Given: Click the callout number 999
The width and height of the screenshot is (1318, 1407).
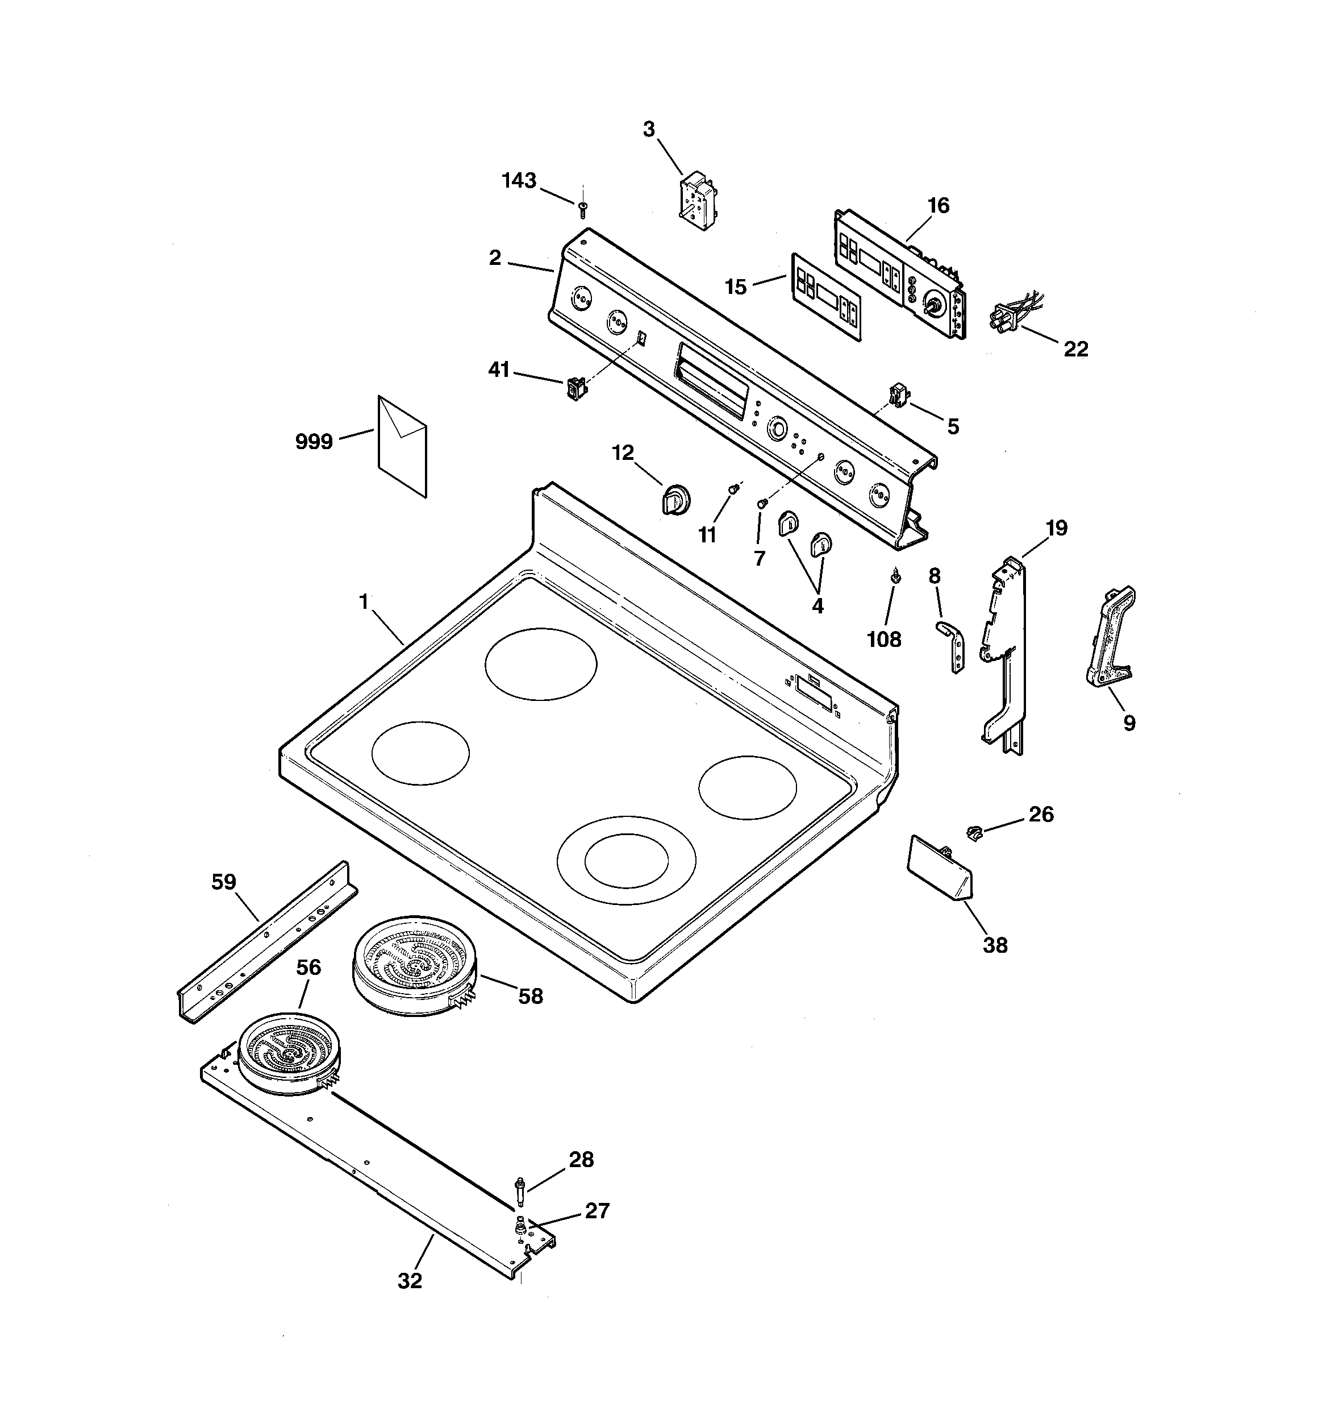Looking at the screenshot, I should (314, 442).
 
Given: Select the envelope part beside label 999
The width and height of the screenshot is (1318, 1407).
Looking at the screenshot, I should (403, 445).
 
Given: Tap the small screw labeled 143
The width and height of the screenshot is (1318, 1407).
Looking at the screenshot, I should (582, 209).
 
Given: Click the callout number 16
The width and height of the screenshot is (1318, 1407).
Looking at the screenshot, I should (938, 206).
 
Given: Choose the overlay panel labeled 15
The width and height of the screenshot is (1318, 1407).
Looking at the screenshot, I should (825, 297).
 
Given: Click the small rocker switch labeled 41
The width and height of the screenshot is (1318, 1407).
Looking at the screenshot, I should (577, 388).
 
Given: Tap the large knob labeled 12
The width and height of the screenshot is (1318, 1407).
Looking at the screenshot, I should (675, 500).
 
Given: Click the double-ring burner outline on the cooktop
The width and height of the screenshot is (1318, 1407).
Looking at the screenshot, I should (626, 860).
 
